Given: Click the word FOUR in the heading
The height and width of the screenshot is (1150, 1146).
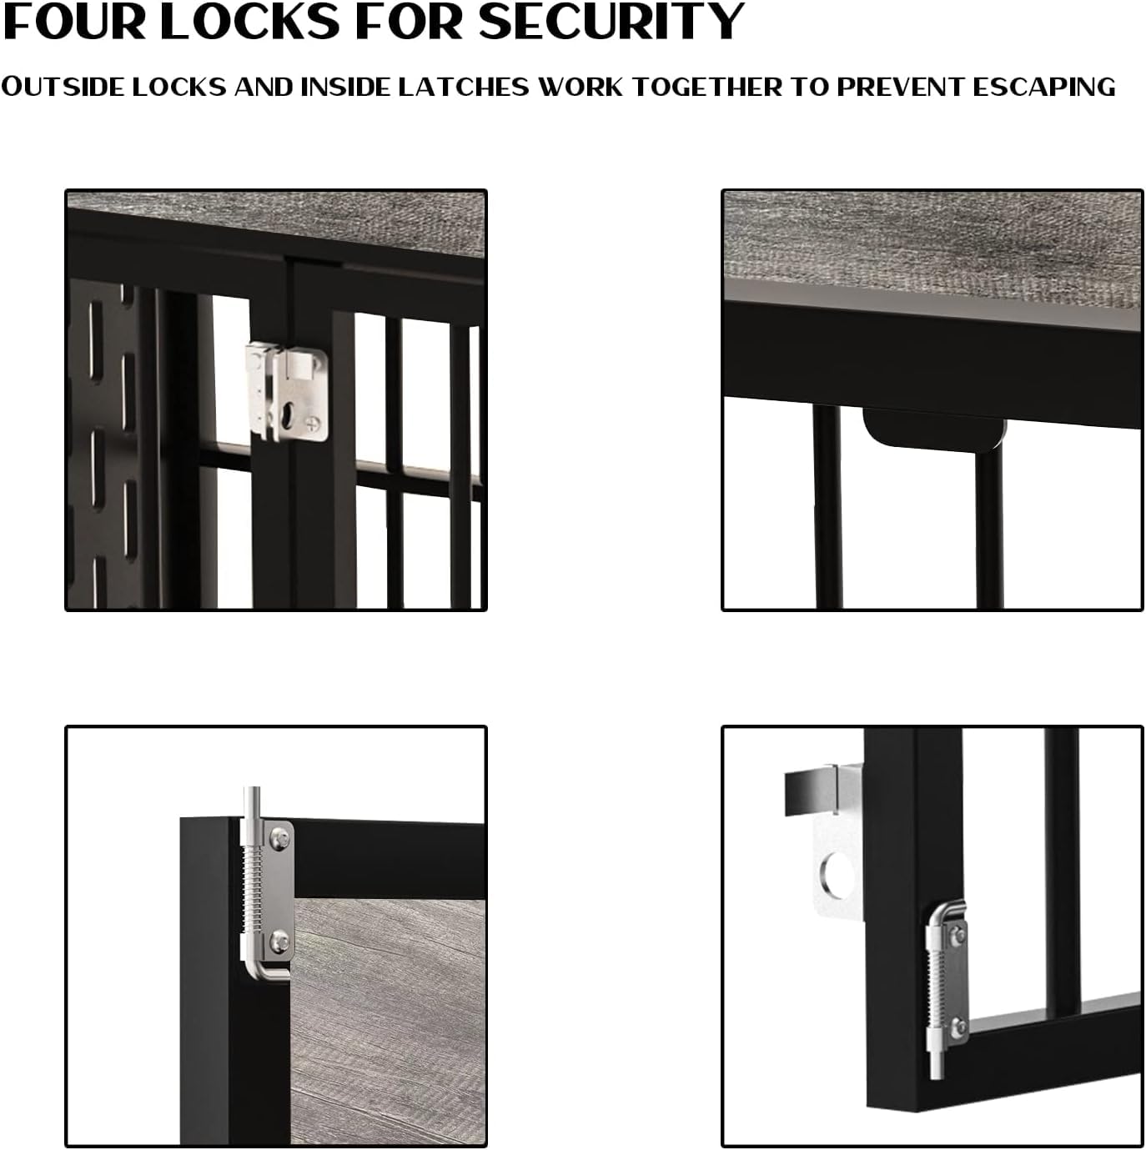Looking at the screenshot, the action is (74, 22).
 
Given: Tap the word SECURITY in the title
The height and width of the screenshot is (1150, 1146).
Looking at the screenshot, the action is (611, 22).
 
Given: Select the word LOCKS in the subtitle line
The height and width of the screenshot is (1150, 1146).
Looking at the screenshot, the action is (179, 87).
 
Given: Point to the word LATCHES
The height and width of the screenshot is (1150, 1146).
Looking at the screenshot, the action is (463, 87).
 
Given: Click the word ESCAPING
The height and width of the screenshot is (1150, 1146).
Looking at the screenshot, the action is (1044, 87).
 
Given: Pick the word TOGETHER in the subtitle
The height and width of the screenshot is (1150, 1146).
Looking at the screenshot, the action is (706, 87).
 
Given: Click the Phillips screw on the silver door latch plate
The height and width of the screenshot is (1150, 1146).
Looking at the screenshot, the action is (313, 424).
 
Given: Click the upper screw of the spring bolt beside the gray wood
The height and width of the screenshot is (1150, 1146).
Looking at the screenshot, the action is (278, 838).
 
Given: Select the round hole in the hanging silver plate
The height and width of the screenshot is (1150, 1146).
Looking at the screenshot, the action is (837, 876).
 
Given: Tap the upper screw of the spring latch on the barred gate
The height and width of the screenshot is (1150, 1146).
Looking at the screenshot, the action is (958, 935).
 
